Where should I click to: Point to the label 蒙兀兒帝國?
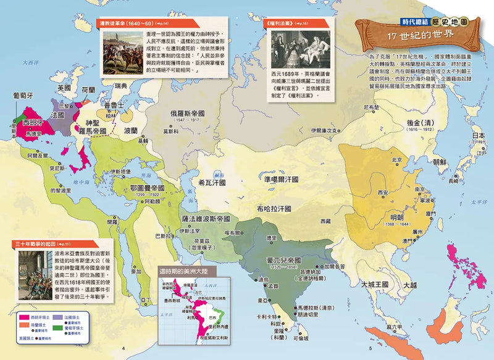[x=282, y=261]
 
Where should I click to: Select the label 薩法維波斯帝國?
[x=206, y=219]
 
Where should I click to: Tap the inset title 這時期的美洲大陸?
[x=188, y=272]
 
